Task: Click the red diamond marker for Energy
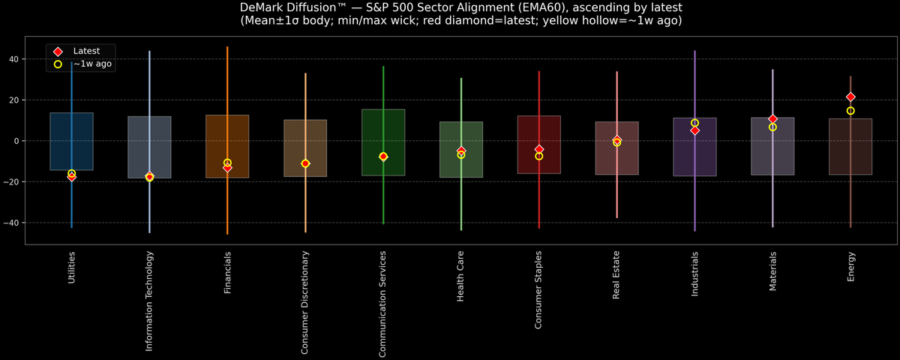(850, 97)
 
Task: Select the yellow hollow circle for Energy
(850, 111)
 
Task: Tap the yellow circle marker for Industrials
(694, 123)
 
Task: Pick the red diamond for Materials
(772, 119)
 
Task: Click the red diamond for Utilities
(71, 177)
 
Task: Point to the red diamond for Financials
(227, 168)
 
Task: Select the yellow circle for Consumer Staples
(538, 156)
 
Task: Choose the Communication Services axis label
(383, 304)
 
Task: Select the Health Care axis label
(460, 277)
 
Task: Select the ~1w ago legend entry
(92, 64)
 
